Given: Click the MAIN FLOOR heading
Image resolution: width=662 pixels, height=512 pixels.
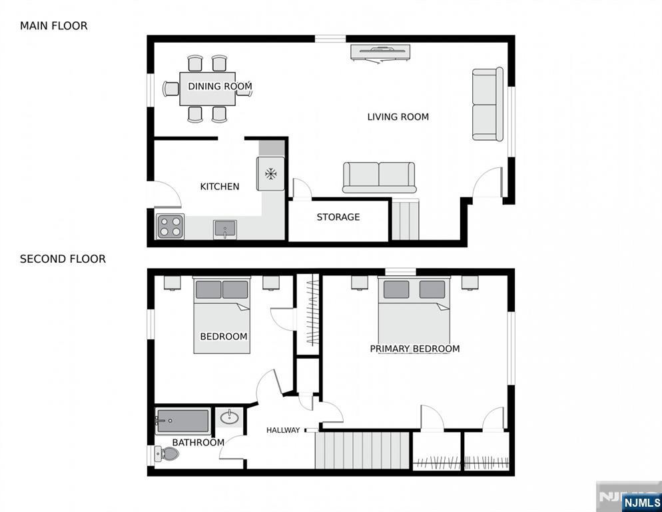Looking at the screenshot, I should pos(53,26).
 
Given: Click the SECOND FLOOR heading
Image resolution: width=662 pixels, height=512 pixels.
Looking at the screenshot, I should pos(63,259).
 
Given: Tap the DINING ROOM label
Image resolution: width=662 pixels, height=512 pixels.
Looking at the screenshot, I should pos(220,87).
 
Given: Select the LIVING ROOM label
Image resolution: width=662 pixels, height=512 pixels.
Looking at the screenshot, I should pos(398,117).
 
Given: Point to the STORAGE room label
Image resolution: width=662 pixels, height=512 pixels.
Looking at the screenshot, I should pos(338,217).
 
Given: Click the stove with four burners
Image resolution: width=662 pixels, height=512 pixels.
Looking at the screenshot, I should pos(170,227).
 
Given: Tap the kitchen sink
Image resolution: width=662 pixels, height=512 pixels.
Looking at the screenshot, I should pos(225,229).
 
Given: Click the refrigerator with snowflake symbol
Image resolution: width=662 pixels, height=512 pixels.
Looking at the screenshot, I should pos(271,174).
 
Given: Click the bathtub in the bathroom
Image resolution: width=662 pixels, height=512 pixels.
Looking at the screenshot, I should pos(182,421).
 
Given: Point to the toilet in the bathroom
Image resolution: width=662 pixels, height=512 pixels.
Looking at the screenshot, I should pos(167,455).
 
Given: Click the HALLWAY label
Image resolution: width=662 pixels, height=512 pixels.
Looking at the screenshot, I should pos(283,430).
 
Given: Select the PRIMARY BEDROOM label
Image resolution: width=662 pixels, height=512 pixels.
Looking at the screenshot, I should pos(414,349).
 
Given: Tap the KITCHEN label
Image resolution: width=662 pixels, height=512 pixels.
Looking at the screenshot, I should pos(220,187).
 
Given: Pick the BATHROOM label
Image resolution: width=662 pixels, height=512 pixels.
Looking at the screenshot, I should pos(198,442).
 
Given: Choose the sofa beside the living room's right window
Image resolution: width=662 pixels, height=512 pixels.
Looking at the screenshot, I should pos(488,104).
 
